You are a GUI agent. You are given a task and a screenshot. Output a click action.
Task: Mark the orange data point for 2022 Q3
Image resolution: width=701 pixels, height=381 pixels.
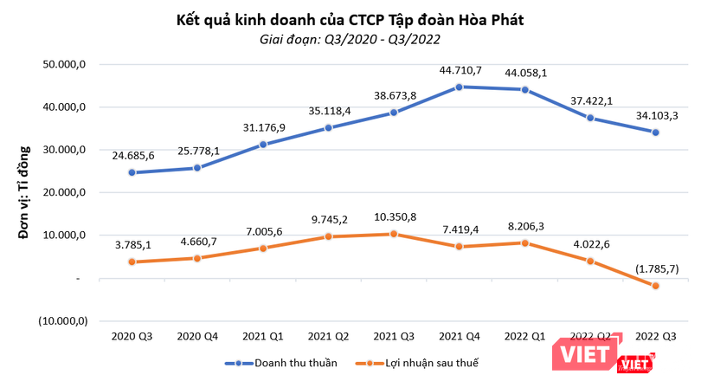[x=655, y=286]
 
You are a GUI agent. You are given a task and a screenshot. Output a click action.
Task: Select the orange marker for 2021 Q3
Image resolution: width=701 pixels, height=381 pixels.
[x=394, y=234]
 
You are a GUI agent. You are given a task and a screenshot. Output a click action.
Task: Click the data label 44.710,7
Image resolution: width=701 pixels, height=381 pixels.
[x=460, y=69]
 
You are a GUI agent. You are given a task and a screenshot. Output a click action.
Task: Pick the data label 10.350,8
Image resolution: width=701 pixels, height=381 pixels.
[x=394, y=216]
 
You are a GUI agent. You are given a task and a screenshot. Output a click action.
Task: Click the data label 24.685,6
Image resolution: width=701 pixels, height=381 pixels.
[x=132, y=155]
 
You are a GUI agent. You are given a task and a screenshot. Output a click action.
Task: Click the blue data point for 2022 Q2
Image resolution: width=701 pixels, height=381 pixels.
[x=590, y=118]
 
